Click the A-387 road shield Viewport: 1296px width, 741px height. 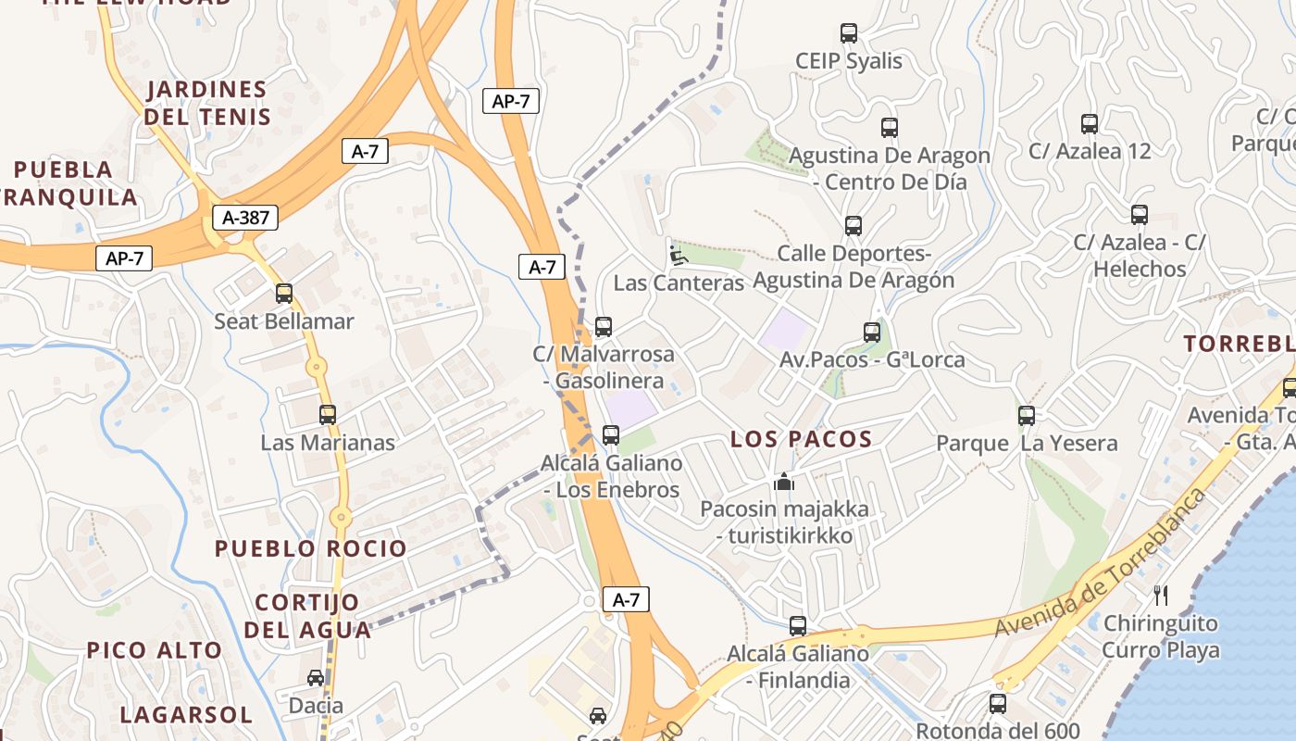click(246, 218)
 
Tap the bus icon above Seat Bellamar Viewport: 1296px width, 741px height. click(284, 294)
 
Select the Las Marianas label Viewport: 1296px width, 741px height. click(328, 443)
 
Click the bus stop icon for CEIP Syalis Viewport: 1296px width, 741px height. click(849, 33)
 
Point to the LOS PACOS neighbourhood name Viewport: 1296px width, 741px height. click(802, 439)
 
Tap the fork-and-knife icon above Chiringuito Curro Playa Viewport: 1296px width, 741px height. click(1161, 595)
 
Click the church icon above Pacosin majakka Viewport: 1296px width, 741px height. click(784, 481)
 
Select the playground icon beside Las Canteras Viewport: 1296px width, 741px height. click(678, 254)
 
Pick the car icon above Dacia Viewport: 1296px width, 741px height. click(316, 678)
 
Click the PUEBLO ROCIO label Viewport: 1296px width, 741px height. click(311, 548)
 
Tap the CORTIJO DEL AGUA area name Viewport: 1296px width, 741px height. click(307, 616)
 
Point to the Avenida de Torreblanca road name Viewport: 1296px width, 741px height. click(1102, 564)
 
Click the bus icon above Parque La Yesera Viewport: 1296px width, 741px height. click(1027, 416)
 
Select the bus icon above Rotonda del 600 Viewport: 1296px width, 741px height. click(998, 704)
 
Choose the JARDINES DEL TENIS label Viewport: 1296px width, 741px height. click(207, 103)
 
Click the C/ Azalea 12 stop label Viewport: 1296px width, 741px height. click(1090, 151)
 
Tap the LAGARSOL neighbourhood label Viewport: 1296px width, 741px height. click(186, 715)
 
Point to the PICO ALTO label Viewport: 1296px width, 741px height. click(155, 650)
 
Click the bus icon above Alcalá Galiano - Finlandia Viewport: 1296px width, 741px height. click(798, 626)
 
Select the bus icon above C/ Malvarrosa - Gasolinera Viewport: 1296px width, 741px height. click(604, 326)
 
